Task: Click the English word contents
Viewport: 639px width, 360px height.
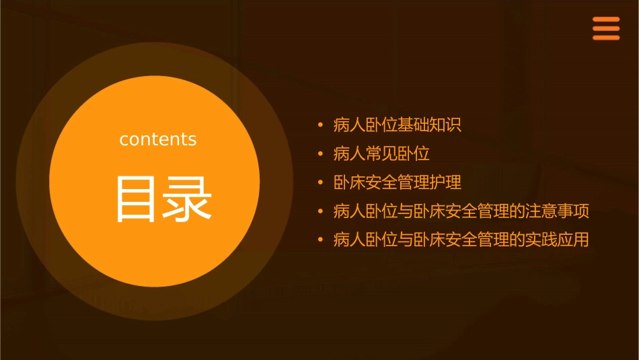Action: click(158, 139)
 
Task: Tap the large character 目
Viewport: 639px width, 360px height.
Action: click(135, 199)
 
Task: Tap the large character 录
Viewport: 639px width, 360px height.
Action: click(186, 199)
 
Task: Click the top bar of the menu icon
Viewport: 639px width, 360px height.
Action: click(606, 20)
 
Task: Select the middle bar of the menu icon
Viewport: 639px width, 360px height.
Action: click(606, 29)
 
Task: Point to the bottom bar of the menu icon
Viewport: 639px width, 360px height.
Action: click(606, 38)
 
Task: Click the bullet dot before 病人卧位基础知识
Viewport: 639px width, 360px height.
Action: click(321, 125)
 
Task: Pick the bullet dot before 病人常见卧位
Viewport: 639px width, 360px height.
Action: click(321, 154)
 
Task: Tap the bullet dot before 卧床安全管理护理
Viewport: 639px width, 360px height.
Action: click(321, 183)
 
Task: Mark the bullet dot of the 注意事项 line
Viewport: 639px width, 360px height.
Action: click(321, 212)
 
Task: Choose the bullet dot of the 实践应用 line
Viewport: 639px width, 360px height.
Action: click(321, 240)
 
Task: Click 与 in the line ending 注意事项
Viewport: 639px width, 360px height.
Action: click(406, 212)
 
